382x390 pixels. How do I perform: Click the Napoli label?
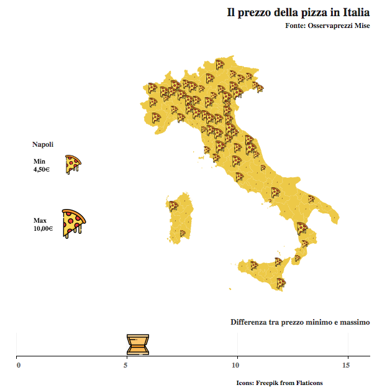(43, 144)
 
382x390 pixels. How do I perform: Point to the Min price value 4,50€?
(42, 169)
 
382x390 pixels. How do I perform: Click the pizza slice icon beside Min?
(73, 164)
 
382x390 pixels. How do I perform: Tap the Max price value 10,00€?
(43, 228)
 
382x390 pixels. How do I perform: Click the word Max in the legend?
(40, 220)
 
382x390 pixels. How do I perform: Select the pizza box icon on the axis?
(138, 344)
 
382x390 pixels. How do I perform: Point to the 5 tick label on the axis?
(127, 364)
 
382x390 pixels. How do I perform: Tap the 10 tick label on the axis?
(236, 364)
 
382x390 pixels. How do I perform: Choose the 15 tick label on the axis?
(347, 364)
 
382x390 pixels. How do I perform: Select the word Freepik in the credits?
(268, 382)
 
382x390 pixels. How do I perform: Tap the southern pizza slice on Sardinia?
(183, 233)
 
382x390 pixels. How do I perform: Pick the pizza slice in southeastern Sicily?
(281, 283)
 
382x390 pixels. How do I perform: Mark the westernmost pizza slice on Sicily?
(254, 265)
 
